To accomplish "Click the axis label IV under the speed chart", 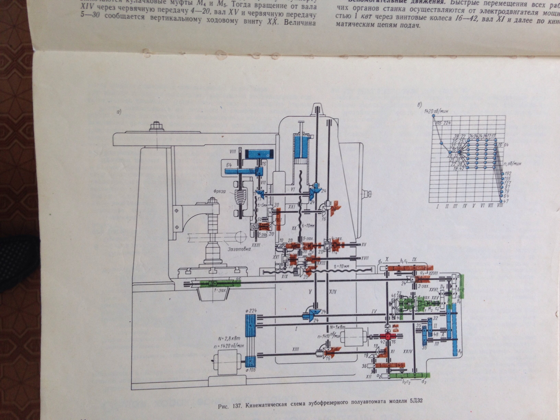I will [x=464, y=206].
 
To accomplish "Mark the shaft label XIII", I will [x=295, y=349].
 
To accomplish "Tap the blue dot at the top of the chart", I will [x=433, y=116].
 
